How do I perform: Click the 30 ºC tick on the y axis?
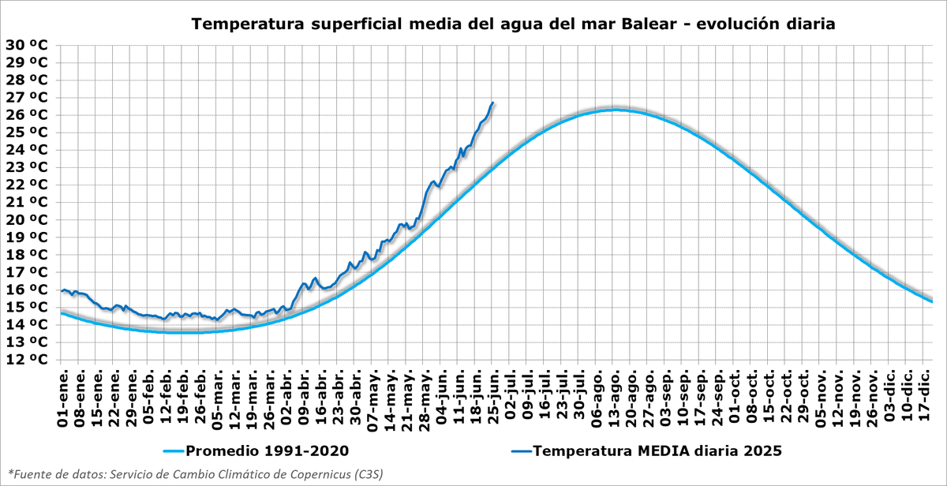point(26,45)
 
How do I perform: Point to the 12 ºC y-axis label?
point(26,359)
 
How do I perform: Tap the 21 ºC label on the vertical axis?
point(26,202)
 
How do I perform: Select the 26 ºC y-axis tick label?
point(26,114)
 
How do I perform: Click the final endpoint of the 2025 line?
point(493,103)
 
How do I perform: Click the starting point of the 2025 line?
point(62,291)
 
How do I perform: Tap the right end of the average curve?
point(933,301)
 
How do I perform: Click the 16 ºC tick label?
point(26,290)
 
